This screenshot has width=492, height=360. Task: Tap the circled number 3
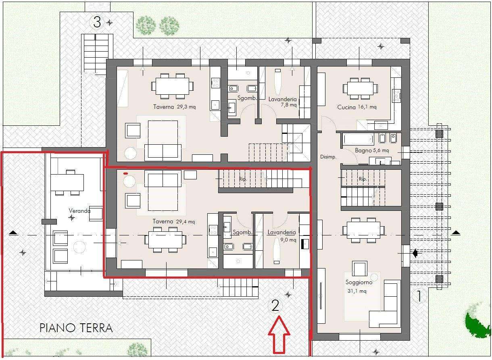(x=97, y=22)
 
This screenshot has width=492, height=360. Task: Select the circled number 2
(x=275, y=306)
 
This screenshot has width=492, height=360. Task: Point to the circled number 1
(x=419, y=296)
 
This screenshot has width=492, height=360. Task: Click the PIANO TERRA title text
(x=76, y=328)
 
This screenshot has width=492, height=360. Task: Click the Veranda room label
(x=79, y=211)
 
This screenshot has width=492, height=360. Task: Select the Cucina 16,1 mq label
(x=356, y=107)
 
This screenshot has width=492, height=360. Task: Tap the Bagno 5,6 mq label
(x=372, y=150)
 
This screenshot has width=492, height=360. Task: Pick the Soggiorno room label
(x=359, y=282)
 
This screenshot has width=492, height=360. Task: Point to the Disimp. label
(x=328, y=157)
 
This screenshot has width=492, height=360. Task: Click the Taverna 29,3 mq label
(x=174, y=107)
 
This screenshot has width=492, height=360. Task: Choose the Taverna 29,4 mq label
(x=174, y=221)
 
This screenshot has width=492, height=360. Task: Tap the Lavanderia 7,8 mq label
(x=282, y=102)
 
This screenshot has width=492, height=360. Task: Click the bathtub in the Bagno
(x=359, y=139)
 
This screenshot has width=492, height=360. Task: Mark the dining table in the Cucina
(x=360, y=88)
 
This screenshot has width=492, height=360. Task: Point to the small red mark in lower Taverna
(x=125, y=174)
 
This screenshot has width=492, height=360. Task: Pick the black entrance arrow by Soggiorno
(x=415, y=254)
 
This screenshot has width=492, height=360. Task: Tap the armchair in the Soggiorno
(x=360, y=268)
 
